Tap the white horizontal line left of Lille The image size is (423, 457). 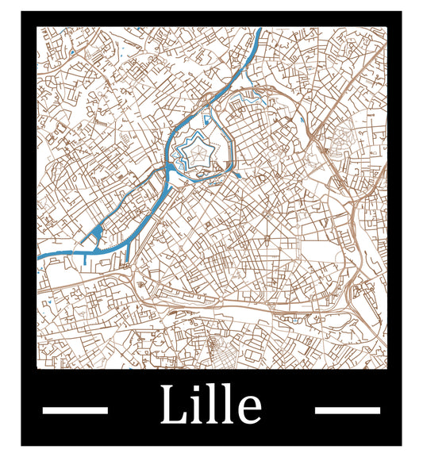(x=75, y=410)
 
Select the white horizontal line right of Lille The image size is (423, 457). (x=348, y=410)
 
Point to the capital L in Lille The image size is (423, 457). (x=172, y=405)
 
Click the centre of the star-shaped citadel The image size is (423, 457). (x=192, y=148)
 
